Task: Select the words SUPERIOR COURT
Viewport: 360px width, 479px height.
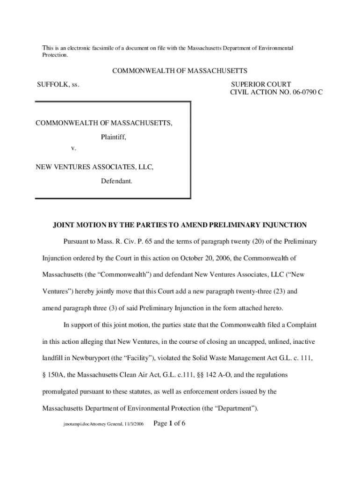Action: (261, 85)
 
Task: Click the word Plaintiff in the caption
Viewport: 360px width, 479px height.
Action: (114, 138)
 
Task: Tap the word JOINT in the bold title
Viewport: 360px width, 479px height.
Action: (64, 225)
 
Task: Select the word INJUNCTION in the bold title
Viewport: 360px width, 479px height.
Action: (283, 225)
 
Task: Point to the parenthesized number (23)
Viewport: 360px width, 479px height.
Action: (276, 291)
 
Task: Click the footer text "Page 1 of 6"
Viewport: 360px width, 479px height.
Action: (170, 424)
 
